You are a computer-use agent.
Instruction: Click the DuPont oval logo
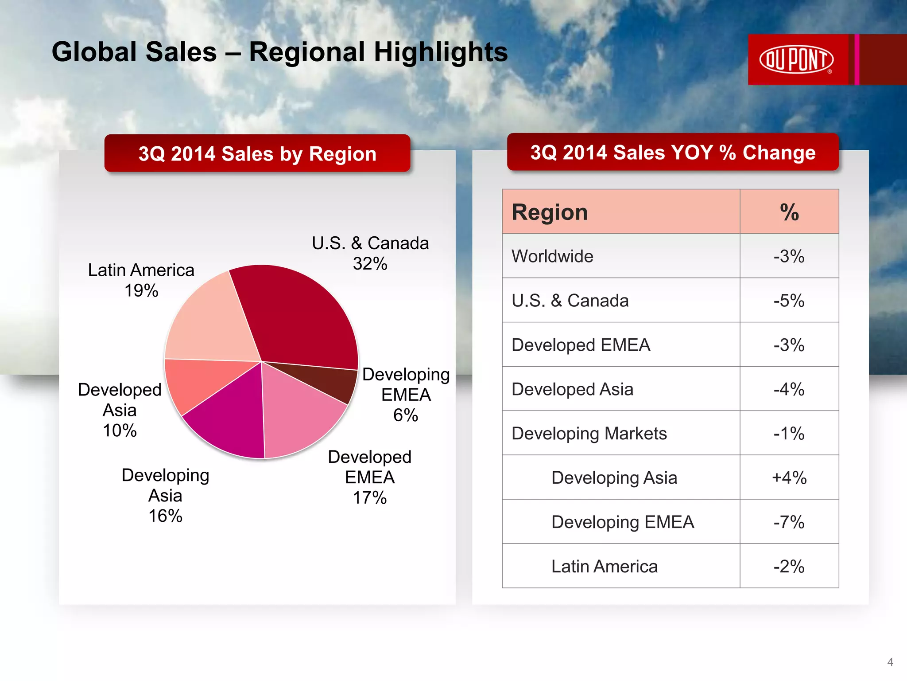[796, 59]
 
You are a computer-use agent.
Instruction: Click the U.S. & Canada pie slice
[301, 319]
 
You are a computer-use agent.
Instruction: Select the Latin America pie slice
[213, 324]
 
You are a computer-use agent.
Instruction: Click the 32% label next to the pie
[370, 264]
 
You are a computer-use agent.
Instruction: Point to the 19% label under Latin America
[141, 291]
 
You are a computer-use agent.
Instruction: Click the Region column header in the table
[550, 212]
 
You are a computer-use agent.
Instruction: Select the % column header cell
[789, 212]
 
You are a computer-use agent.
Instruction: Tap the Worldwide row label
[552, 256]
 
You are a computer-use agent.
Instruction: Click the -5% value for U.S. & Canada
[789, 301]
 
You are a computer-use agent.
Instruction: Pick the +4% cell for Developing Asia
[789, 478]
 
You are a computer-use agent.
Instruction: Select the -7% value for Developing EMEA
[789, 522]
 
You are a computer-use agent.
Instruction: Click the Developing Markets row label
[589, 434]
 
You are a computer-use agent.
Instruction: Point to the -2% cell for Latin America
[789, 567]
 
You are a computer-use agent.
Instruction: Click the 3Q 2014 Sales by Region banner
[257, 153]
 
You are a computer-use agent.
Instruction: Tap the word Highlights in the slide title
[441, 52]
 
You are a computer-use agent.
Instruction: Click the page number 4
[890, 662]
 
